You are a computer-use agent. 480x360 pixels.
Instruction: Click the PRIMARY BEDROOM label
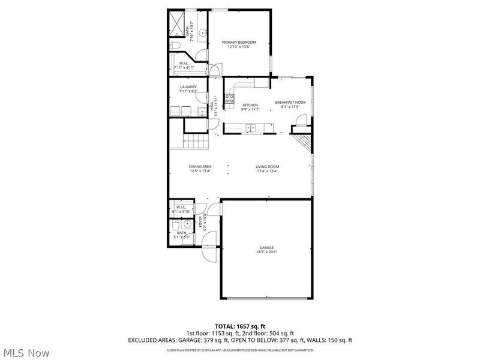click(239, 42)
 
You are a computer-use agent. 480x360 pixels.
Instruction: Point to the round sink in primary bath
click(202, 33)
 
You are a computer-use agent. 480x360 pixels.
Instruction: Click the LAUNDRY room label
click(188, 87)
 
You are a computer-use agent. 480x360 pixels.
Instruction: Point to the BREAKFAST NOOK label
click(290, 103)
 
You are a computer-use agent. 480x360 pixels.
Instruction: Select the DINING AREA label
click(200, 167)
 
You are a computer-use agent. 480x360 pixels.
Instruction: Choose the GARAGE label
click(266, 247)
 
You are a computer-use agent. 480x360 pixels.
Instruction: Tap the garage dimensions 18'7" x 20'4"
click(266, 252)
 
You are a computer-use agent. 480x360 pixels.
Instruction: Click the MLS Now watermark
click(25, 353)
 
